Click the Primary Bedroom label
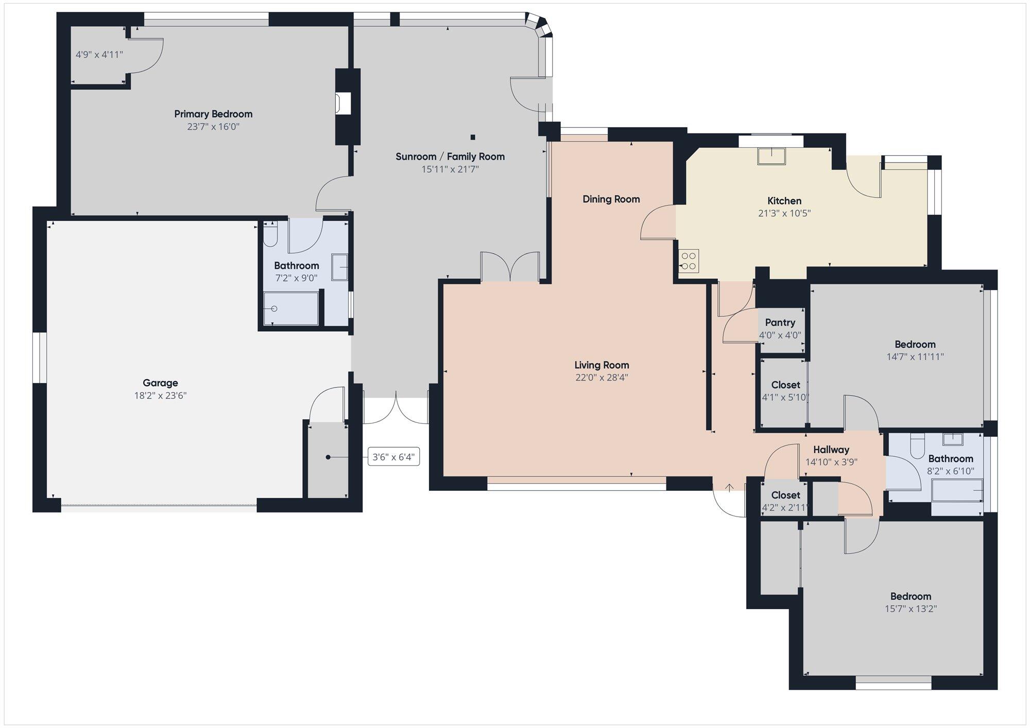click(x=213, y=114)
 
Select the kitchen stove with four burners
click(x=689, y=261)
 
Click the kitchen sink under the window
click(x=771, y=156)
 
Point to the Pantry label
click(x=780, y=323)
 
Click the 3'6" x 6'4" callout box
click(x=393, y=457)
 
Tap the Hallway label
click(x=831, y=450)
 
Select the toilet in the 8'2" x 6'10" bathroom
click(x=917, y=446)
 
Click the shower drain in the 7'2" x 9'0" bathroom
click(x=274, y=309)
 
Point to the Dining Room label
click(x=611, y=199)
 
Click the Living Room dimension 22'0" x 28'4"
click(x=602, y=378)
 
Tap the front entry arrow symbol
click(x=730, y=487)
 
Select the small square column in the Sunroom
click(x=473, y=137)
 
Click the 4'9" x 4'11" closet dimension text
click(x=99, y=55)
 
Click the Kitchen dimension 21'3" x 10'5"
click(x=784, y=214)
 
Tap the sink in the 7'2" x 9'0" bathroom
click(x=339, y=267)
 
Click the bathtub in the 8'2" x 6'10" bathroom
click(x=957, y=490)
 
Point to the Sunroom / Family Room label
click(x=450, y=156)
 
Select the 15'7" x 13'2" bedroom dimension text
click(x=911, y=609)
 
